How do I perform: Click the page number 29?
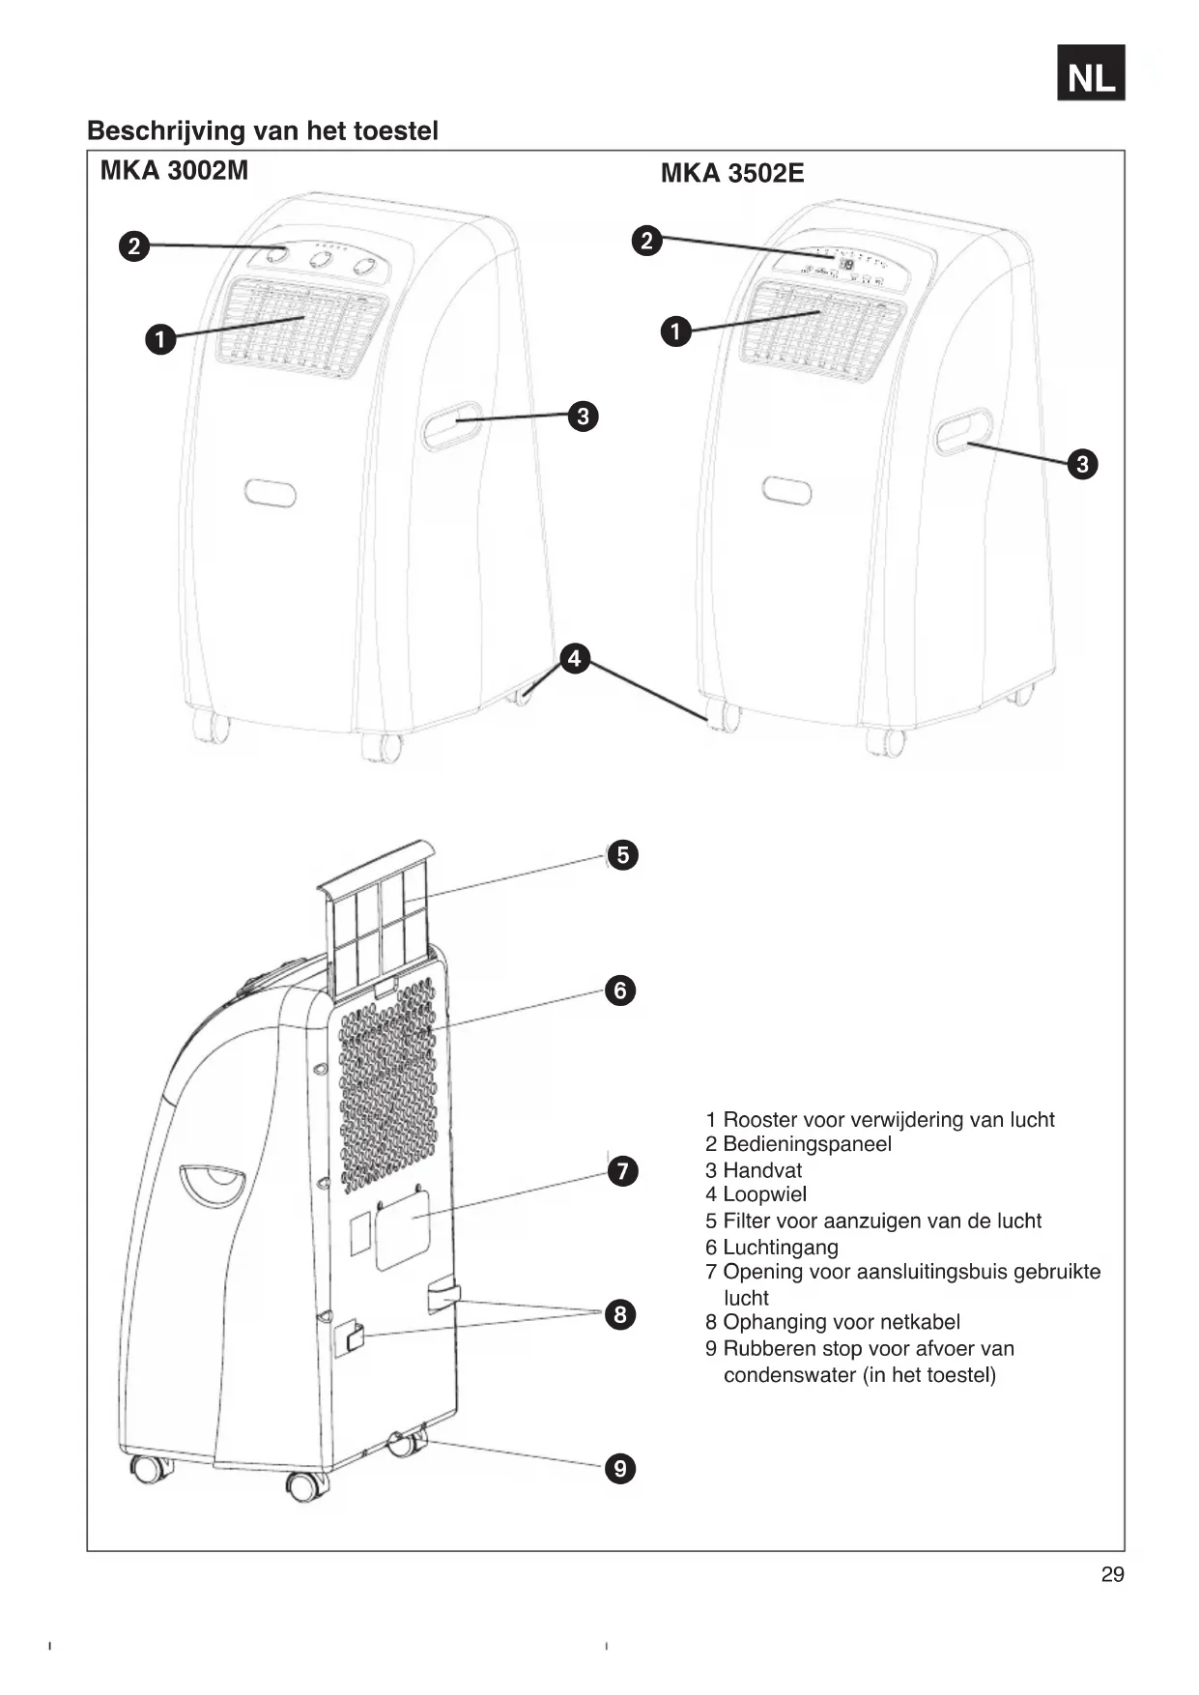click(1112, 1574)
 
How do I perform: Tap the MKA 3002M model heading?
click(174, 171)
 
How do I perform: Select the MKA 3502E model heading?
click(731, 174)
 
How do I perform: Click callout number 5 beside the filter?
click(622, 855)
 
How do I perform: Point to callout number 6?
click(620, 991)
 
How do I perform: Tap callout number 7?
click(623, 1171)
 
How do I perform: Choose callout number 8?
click(620, 1314)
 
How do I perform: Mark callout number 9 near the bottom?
click(620, 1469)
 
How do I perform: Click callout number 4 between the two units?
click(575, 659)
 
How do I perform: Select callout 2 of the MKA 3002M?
click(134, 246)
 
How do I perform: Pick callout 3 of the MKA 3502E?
click(1082, 464)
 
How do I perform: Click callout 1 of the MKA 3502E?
click(675, 331)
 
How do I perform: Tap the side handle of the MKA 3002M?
click(452, 425)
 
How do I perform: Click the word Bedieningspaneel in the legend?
click(807, 1144)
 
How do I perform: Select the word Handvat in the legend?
click(762, 1170)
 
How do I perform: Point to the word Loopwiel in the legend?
click(764, 1195)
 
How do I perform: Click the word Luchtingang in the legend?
click(780, 1248)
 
